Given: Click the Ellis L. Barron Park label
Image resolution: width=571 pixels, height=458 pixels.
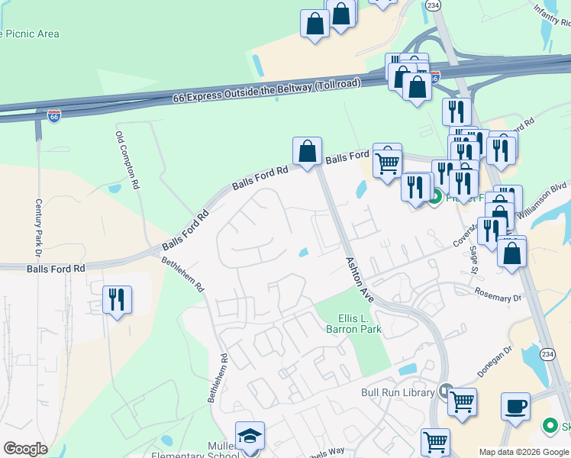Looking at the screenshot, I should (x=353, y=324).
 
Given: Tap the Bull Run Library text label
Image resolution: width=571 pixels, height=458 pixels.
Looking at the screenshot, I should (x=397, y=393).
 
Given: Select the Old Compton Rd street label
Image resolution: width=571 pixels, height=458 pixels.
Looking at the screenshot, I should (x=127, y=160).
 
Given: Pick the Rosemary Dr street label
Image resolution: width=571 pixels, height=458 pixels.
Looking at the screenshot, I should (x=497, y=295).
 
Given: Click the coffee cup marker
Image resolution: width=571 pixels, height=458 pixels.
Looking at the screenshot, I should (x=515, y=406).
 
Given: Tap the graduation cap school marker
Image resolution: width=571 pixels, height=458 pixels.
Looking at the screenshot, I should (x=250, y=436).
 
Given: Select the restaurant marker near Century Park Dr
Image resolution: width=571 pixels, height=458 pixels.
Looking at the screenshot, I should (x=117, y=298).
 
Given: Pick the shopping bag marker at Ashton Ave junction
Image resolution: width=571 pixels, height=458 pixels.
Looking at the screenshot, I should (x=307, y=151).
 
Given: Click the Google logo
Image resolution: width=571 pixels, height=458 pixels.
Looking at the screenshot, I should (x=26, y=449).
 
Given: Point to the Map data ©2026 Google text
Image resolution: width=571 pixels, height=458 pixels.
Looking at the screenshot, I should (x=523, y=452).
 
